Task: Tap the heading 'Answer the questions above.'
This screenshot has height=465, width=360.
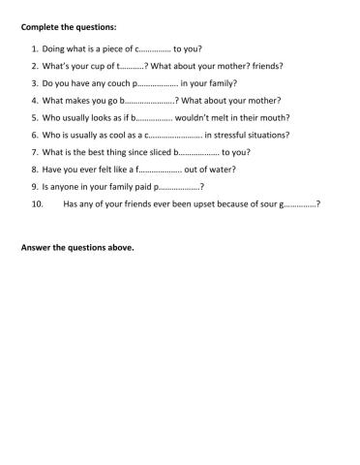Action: pyautogui.click(x=77, y=247)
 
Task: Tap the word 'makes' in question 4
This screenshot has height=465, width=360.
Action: pyautogui.click(x=80, y=100)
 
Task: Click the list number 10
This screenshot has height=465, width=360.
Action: pyautogui.click(x=38, y=204)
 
